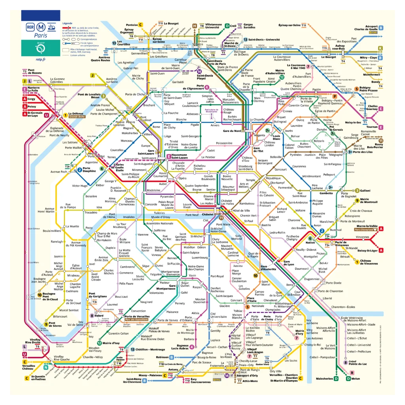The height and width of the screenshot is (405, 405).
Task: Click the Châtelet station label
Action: click(208, 214)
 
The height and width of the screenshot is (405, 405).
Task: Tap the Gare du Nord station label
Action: click(232, 131)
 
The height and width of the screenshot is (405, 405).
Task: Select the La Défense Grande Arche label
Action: click(77, 115)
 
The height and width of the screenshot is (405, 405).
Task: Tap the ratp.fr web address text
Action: click(41, 59)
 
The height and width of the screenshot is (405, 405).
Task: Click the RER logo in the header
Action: click(30, 27)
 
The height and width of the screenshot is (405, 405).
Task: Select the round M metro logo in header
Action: click(41, 27)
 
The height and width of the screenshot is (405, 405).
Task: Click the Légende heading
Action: click(67, 23)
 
